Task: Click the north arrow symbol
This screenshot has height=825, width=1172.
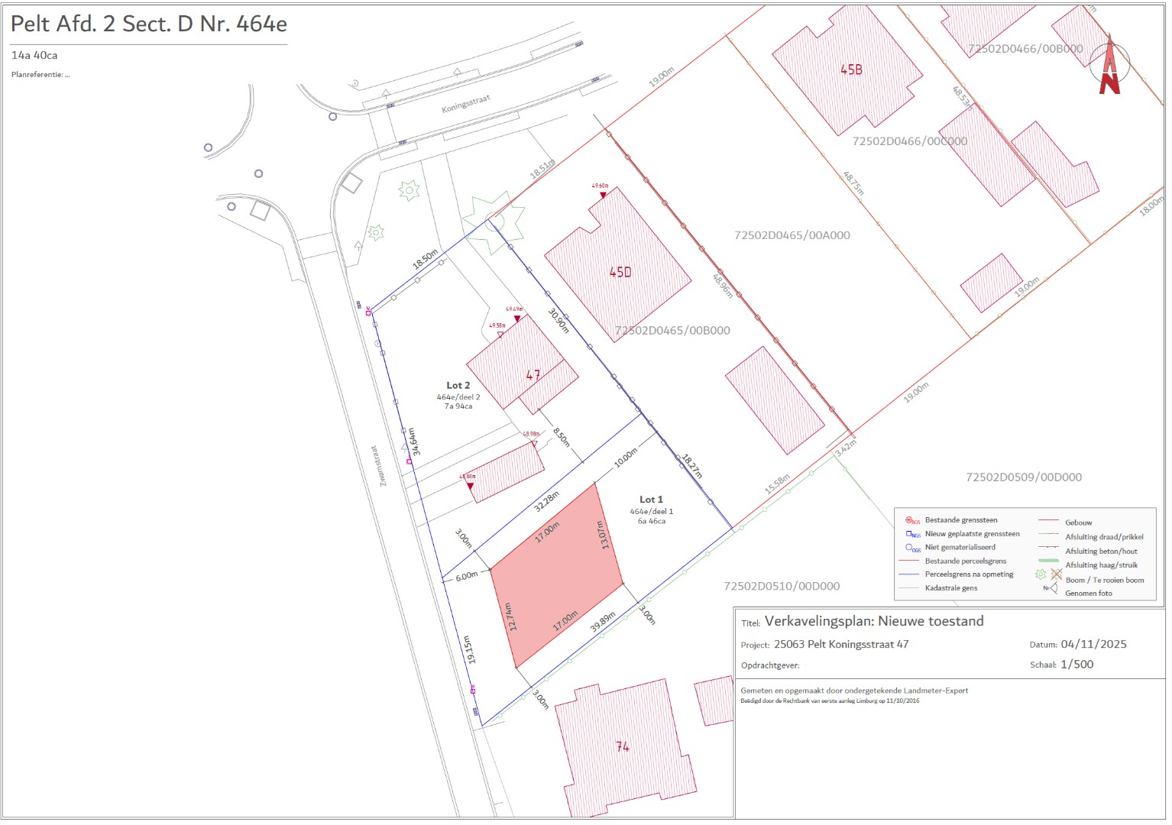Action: [1109, 64]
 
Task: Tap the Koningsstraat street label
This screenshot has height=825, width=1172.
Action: [465, 104]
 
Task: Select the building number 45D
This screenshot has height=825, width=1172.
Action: [620, 272]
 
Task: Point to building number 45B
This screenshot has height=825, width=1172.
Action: [851, 70]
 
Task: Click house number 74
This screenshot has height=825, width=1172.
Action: [623, 746]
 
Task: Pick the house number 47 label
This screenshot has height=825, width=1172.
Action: [533, 375]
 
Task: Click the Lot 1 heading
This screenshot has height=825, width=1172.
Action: [651, 500]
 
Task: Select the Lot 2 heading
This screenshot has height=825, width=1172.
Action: [458, 386]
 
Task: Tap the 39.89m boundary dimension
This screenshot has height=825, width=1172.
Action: [603, 623]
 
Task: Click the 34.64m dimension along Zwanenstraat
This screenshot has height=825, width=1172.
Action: [413, 442]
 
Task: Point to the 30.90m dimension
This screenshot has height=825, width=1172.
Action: [559, 320]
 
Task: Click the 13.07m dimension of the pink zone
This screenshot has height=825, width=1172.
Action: [603, 535]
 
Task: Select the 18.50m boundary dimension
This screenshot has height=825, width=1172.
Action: [426, 259]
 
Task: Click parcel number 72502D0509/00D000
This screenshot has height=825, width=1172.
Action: [1024, 477]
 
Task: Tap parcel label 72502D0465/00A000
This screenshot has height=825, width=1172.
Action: [792, 235]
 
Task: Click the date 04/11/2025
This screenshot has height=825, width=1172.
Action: [1093, 644]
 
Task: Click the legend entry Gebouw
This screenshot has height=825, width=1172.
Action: [1079, 522]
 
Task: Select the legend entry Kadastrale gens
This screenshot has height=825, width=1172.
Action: [951, 588]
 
